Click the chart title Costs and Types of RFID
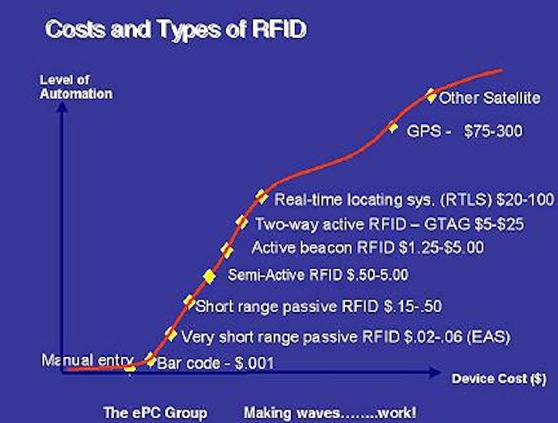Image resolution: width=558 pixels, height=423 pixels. pyautogui.click(x=176, y=29)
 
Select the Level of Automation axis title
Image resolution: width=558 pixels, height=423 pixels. pyautogui.click(x=76, y=87)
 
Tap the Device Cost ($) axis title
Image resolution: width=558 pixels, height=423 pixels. pyautogui.click(x=498, y=378)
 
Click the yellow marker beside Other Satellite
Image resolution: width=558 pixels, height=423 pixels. pyautogui.click(x=431, y=96)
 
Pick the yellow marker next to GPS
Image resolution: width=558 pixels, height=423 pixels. pyautogui.click(x=392, y=127)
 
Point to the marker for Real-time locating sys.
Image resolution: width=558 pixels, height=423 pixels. pyautogui.click(x=261, y=196)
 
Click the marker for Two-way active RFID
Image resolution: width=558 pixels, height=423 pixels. pyautogui.click(x=242, y=222)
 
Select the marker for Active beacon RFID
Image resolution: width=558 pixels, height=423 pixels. pyautogui.click(x=226, y=251)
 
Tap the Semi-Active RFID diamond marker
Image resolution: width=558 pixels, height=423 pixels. pyautogui.click(x=209, y=276)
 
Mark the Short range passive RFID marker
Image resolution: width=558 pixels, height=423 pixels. pyautogui.click(x=189, y=302)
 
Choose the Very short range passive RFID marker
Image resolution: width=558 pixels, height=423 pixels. pyautogui.click(x=171, y=334)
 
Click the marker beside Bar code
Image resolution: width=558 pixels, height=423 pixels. pyautogui.click(x=151, y=359)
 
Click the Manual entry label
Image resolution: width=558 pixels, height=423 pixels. pyautogui.click(x=88, y=360)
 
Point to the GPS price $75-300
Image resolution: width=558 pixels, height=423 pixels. pyautogui.click(x=493, y=131)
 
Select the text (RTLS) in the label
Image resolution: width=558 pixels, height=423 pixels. pyautogui.click(x=466, y=200)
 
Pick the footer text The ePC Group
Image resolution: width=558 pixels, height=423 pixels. pyautogui.click(x=155, y=413)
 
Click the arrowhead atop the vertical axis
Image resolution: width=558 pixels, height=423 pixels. pyautogui.click(x=62, y=106)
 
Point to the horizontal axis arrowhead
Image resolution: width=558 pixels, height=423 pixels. pyautogui.click(x=435, y=373)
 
